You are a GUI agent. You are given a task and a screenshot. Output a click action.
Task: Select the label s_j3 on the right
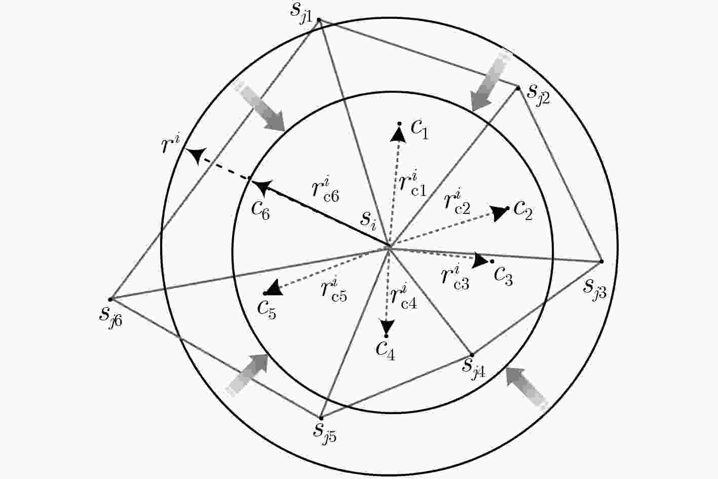[594, 290]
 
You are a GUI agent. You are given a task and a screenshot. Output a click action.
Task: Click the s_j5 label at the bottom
[325, 433]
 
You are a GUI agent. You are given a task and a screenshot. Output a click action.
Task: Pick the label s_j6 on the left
[110, 317]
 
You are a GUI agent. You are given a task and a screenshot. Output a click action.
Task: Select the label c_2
[523, 211]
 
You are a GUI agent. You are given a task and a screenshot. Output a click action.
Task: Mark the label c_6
[260, 211]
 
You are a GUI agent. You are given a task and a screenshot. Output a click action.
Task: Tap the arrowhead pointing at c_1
[398, 134]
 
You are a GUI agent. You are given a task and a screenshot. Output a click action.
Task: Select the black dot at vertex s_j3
[601, 262]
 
